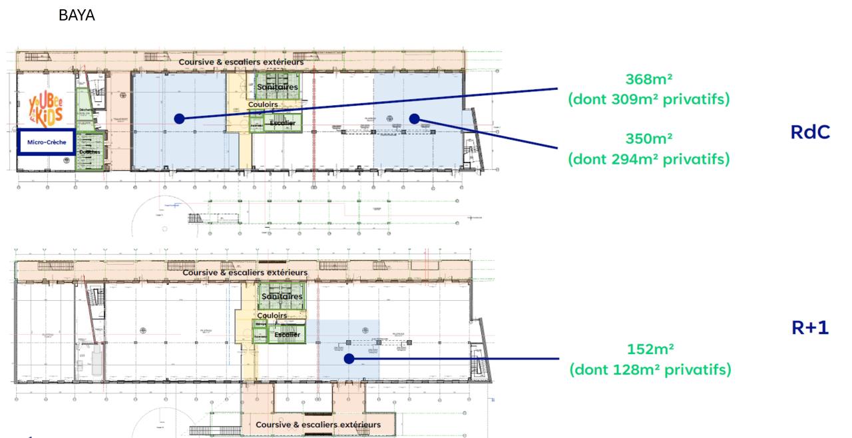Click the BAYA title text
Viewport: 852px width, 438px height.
(x=77, y=16)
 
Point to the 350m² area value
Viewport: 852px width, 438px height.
(x=648, y=139)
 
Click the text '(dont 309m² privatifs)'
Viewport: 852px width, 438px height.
(x=648, y=100)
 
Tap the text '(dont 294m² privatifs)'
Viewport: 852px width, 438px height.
(x=648, y=159)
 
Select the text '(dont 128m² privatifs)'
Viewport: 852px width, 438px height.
(x=650, y=369)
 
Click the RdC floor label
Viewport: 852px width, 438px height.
(x=810, y=132)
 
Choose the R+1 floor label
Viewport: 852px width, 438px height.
(x=809, y=327)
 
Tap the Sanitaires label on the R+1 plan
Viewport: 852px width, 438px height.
(x=282, y=296)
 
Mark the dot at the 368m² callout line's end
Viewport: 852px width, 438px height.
(x=178, y=118)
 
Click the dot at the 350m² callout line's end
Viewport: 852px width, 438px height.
(x=414, y=118)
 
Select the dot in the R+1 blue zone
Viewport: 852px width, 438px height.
(x=348, y=359)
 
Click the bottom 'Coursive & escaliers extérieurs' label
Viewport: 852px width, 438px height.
(x=318, y=424)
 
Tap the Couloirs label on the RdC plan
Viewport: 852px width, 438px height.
(x=262, y=105)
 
